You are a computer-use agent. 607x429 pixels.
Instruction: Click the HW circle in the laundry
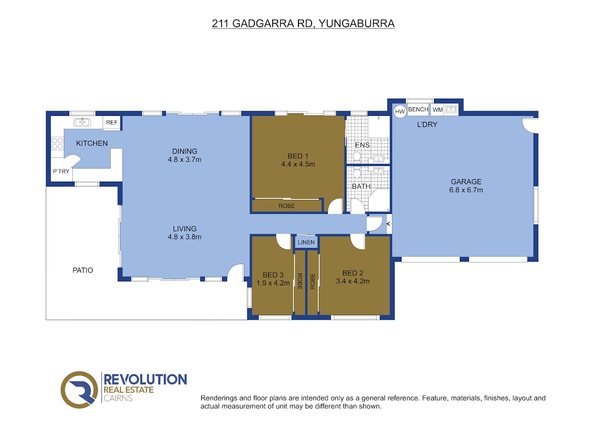[x=400, y=111]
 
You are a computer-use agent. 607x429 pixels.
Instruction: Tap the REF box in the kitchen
[x=112, y=122]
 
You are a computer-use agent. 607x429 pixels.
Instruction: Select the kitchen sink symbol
[x=82, y=122]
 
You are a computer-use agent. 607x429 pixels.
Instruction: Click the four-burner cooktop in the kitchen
[x=58, y=144]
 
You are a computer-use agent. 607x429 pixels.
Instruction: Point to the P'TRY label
[x=61, y=171]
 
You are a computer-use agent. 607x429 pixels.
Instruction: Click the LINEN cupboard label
[x=306, y=242]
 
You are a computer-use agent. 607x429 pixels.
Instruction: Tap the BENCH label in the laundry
[x=418, y=109]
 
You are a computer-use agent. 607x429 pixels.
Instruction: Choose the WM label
[x=438, y=110]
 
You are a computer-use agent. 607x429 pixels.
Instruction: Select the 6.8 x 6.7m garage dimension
[x=466, y=190]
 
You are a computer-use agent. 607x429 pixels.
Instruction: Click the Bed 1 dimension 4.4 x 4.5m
[x=298, y=164]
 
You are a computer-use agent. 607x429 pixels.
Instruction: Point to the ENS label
[x=362, y=145]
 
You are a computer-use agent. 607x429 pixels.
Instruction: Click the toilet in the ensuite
[x=357, y=157]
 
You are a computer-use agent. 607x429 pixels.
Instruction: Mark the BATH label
[x=361, y=187]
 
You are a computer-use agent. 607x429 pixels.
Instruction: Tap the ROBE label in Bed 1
[x=286, y=206]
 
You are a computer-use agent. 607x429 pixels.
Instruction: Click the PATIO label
[x=82, y=270]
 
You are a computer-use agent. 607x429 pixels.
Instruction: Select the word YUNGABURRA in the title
[x=357, y=24]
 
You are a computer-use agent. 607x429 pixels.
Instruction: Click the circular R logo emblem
[x=79, y=390]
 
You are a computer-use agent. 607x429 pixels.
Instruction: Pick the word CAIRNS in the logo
[x=118, y=398]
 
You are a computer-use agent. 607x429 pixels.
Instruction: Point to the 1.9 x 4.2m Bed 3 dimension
[x=273, y=283]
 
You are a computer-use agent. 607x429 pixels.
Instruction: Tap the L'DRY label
[x=427, y=124]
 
